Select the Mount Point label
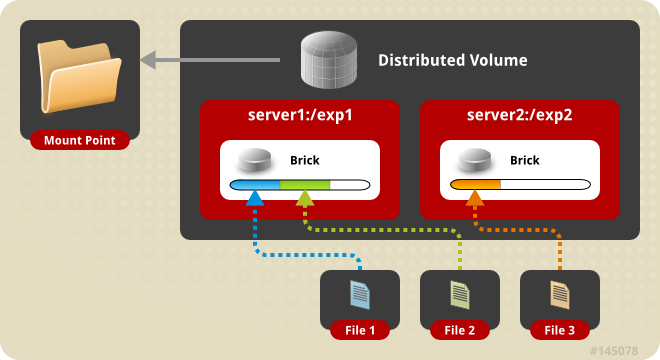(80, 140)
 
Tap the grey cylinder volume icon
(330, 60)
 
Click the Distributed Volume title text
(452, 61)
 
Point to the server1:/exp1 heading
(300, 114)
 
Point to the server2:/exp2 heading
(519, 114)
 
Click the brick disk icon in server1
(255, 160)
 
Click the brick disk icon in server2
(475, 160)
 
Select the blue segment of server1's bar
(255, 185)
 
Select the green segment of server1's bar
(305, 185)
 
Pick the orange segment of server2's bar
(476, 185)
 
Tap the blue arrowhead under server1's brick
(255, 198)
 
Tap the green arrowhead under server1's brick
(305, 198)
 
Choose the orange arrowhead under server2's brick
(475, 198)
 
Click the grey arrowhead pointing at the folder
(146, 61)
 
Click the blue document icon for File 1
(359, 294)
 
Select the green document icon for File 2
(459, 294)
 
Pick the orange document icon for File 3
(559, 294)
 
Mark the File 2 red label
(460, 330)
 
